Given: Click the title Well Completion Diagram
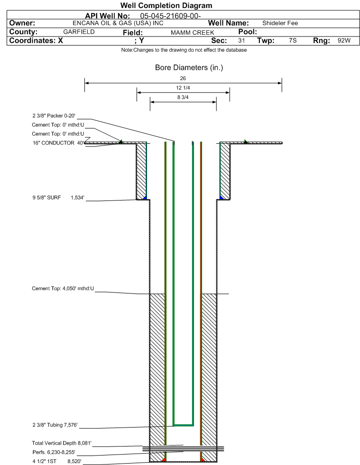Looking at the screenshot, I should click(166, 6).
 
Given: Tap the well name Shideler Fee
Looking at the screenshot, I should click(280, 23).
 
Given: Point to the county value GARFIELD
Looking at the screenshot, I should click(79, 32).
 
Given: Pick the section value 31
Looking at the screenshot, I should click(241, 41).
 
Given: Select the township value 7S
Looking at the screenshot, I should click(293, 41).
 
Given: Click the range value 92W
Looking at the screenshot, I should click(344, 41).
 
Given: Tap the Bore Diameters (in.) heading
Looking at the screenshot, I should click(189, 68).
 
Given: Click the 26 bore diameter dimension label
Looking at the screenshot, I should click(183, 78).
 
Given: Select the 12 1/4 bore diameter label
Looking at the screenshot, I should click(183, 88).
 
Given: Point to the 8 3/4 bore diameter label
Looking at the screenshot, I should click(183, 98).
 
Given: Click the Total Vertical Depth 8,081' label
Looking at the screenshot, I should click(61, 443).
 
